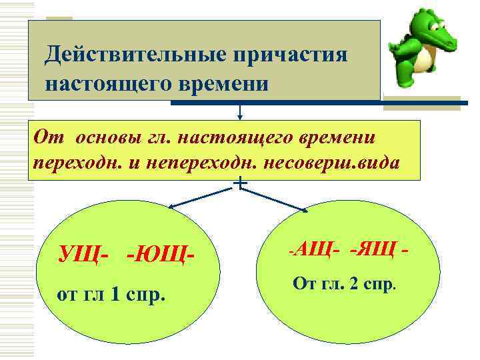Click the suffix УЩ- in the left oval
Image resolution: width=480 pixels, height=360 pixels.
click(x=83, y=253)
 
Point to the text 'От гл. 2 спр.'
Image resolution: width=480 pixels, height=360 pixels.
click(x=345, y=286)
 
